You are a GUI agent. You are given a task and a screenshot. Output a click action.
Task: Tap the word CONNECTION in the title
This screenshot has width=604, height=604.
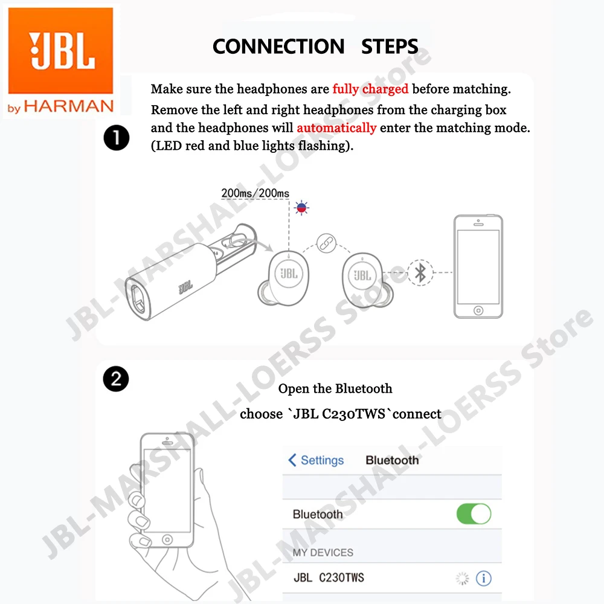coord(278,47)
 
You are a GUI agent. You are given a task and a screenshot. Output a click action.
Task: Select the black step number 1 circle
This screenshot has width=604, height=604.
coord(116,139)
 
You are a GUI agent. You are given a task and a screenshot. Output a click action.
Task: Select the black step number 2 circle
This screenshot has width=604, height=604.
coord(116,379)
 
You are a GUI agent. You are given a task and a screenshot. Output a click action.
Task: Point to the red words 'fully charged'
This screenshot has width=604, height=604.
coord(370,89)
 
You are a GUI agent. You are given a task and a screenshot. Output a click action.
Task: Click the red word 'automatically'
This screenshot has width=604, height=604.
coord(336,127)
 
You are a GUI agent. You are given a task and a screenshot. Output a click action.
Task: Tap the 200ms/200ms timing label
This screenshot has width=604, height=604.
coord(255,193)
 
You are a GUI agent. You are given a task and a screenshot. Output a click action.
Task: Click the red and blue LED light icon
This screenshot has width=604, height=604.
coord(301,208)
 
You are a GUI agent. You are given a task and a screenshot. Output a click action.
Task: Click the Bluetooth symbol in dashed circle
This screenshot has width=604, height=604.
coord(420,272)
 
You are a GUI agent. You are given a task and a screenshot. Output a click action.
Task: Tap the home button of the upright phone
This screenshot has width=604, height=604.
coord(478,310)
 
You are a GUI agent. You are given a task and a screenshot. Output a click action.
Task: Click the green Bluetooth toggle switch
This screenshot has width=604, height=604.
coord(474,514)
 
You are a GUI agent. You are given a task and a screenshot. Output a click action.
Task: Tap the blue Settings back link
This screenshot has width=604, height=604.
coord(316,460)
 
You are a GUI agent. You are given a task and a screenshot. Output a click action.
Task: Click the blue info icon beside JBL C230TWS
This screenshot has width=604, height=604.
coord(483,578)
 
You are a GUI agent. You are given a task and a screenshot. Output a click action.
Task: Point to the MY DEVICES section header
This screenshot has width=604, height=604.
coord(323,552)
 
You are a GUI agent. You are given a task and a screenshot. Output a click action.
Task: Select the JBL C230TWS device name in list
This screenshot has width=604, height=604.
coord(329,578)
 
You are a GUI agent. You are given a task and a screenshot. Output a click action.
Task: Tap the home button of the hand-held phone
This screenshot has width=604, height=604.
coord(167,538)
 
